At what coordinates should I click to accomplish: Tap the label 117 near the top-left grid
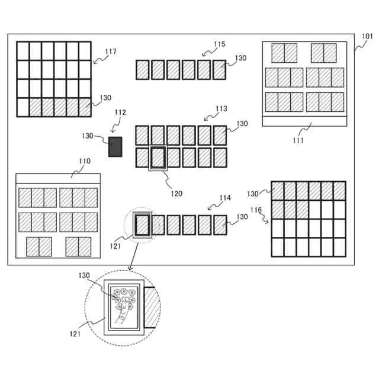coord(110,52)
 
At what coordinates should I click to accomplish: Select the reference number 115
coord(220,44)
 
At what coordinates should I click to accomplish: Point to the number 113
coord(221,109)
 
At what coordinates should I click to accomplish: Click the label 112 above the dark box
coord(120,113)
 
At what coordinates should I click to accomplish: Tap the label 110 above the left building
coord(85,161)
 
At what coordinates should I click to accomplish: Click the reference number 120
coord(176,193)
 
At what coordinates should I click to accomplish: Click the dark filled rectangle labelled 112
coord(115,147)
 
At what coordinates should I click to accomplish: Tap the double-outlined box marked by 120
coord(158,159)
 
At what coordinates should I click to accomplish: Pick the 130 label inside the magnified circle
coord(85,276)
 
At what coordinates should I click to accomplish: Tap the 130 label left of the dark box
coord(88,136)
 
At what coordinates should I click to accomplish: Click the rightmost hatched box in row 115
coord(219,70)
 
